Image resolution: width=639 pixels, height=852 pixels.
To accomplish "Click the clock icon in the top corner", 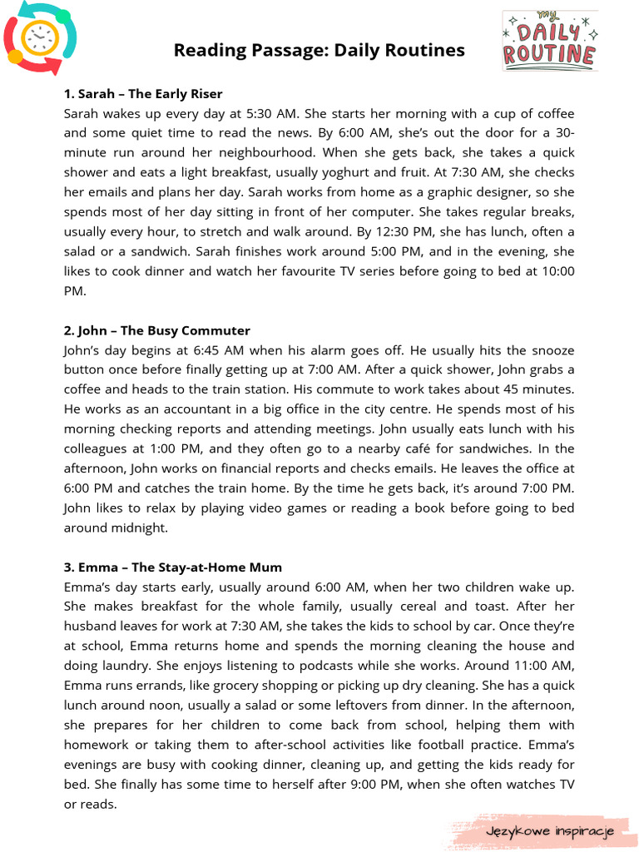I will [x=40, y=37].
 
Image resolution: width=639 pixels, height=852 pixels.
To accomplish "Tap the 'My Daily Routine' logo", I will [x=549, y=41].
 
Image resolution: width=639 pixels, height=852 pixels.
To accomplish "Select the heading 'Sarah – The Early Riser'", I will [x=143, y=94].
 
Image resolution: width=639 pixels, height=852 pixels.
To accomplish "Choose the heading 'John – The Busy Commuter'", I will [x=157, y=330].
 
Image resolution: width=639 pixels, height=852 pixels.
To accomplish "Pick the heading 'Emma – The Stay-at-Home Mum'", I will [x=173, y=567].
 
